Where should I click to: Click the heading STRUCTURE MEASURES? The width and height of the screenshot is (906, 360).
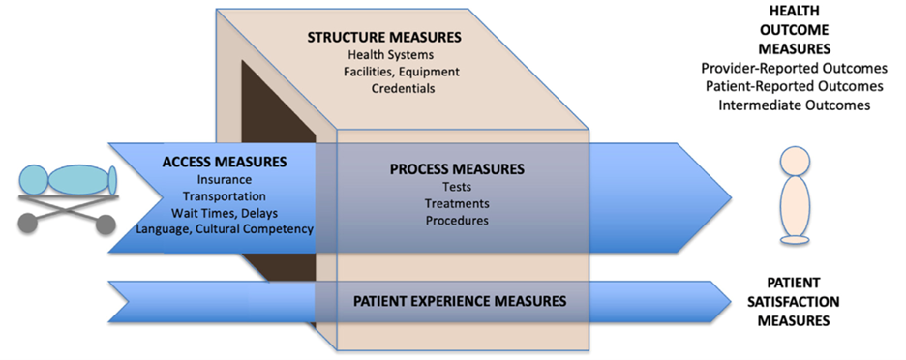(383, 37)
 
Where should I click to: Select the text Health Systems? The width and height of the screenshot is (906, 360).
(383, 54)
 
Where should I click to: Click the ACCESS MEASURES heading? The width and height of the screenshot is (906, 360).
(224, 162)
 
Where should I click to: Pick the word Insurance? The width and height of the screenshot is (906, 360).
(224, 179)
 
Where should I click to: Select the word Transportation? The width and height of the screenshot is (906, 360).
(224, 195)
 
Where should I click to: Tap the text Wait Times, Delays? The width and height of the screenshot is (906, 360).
(224, 212)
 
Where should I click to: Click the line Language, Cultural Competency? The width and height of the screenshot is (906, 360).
(224, 228)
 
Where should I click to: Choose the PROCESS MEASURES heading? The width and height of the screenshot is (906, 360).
(457, 168)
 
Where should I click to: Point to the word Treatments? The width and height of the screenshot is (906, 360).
(457, 203)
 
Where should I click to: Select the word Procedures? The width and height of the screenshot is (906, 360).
(457, 220)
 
